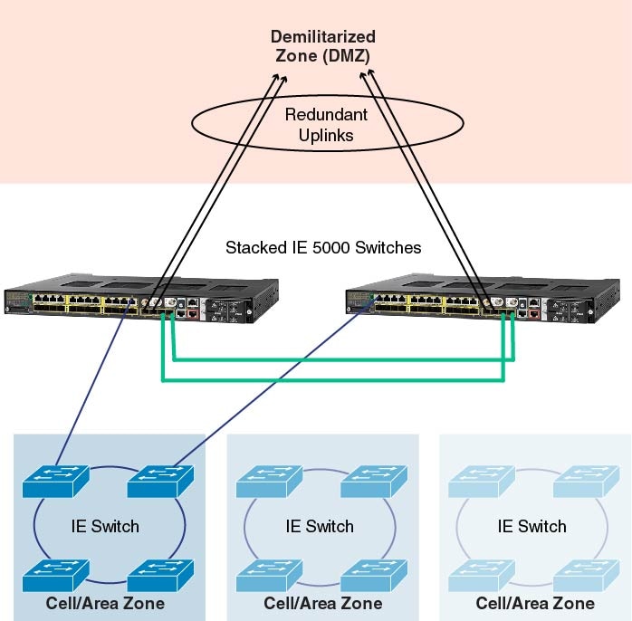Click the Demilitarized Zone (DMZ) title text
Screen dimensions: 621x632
324,46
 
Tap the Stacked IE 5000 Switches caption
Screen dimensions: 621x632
323,247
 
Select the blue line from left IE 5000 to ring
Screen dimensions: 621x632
91,389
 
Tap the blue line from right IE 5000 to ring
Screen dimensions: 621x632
272,389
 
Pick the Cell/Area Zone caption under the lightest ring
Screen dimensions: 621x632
535,604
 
